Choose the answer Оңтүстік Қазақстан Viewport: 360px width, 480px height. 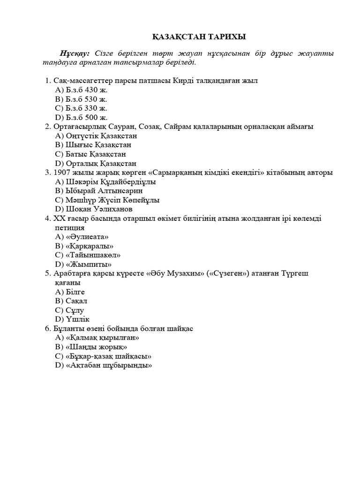tap(96, 136)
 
